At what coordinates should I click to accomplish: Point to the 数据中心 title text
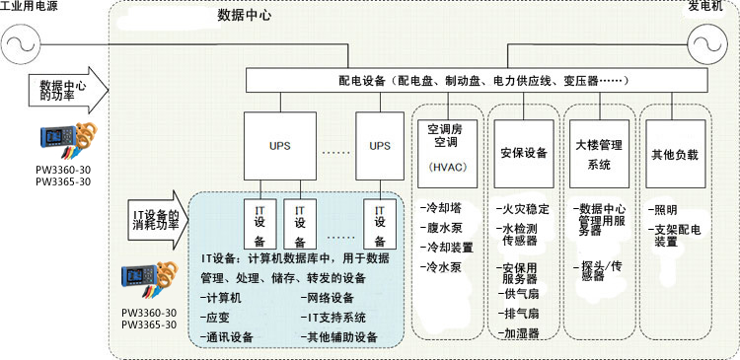(245, 17)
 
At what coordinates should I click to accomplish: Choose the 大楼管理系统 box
(599, 154)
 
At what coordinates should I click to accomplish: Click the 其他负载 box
(675, 154)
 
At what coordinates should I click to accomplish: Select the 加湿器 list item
(520, 334)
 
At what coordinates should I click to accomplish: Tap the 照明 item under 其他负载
(662, 210)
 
